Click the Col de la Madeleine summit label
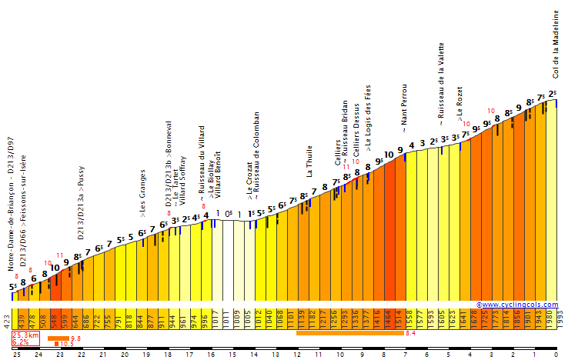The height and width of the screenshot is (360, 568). pos(556,44)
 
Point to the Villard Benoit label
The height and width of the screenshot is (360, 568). pos(218,176)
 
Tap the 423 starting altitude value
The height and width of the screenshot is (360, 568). pos(6,318)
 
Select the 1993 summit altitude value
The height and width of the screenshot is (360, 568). pos(560,318)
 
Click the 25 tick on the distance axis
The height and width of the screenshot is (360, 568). pos(16,354)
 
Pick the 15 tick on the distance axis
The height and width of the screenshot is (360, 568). pos(232,354)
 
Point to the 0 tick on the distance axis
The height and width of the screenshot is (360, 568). pos(556,354)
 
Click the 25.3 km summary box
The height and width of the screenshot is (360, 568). pos(25,338)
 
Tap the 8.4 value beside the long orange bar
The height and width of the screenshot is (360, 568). pos(410,333)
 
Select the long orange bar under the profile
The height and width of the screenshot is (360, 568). pos(349,333)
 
